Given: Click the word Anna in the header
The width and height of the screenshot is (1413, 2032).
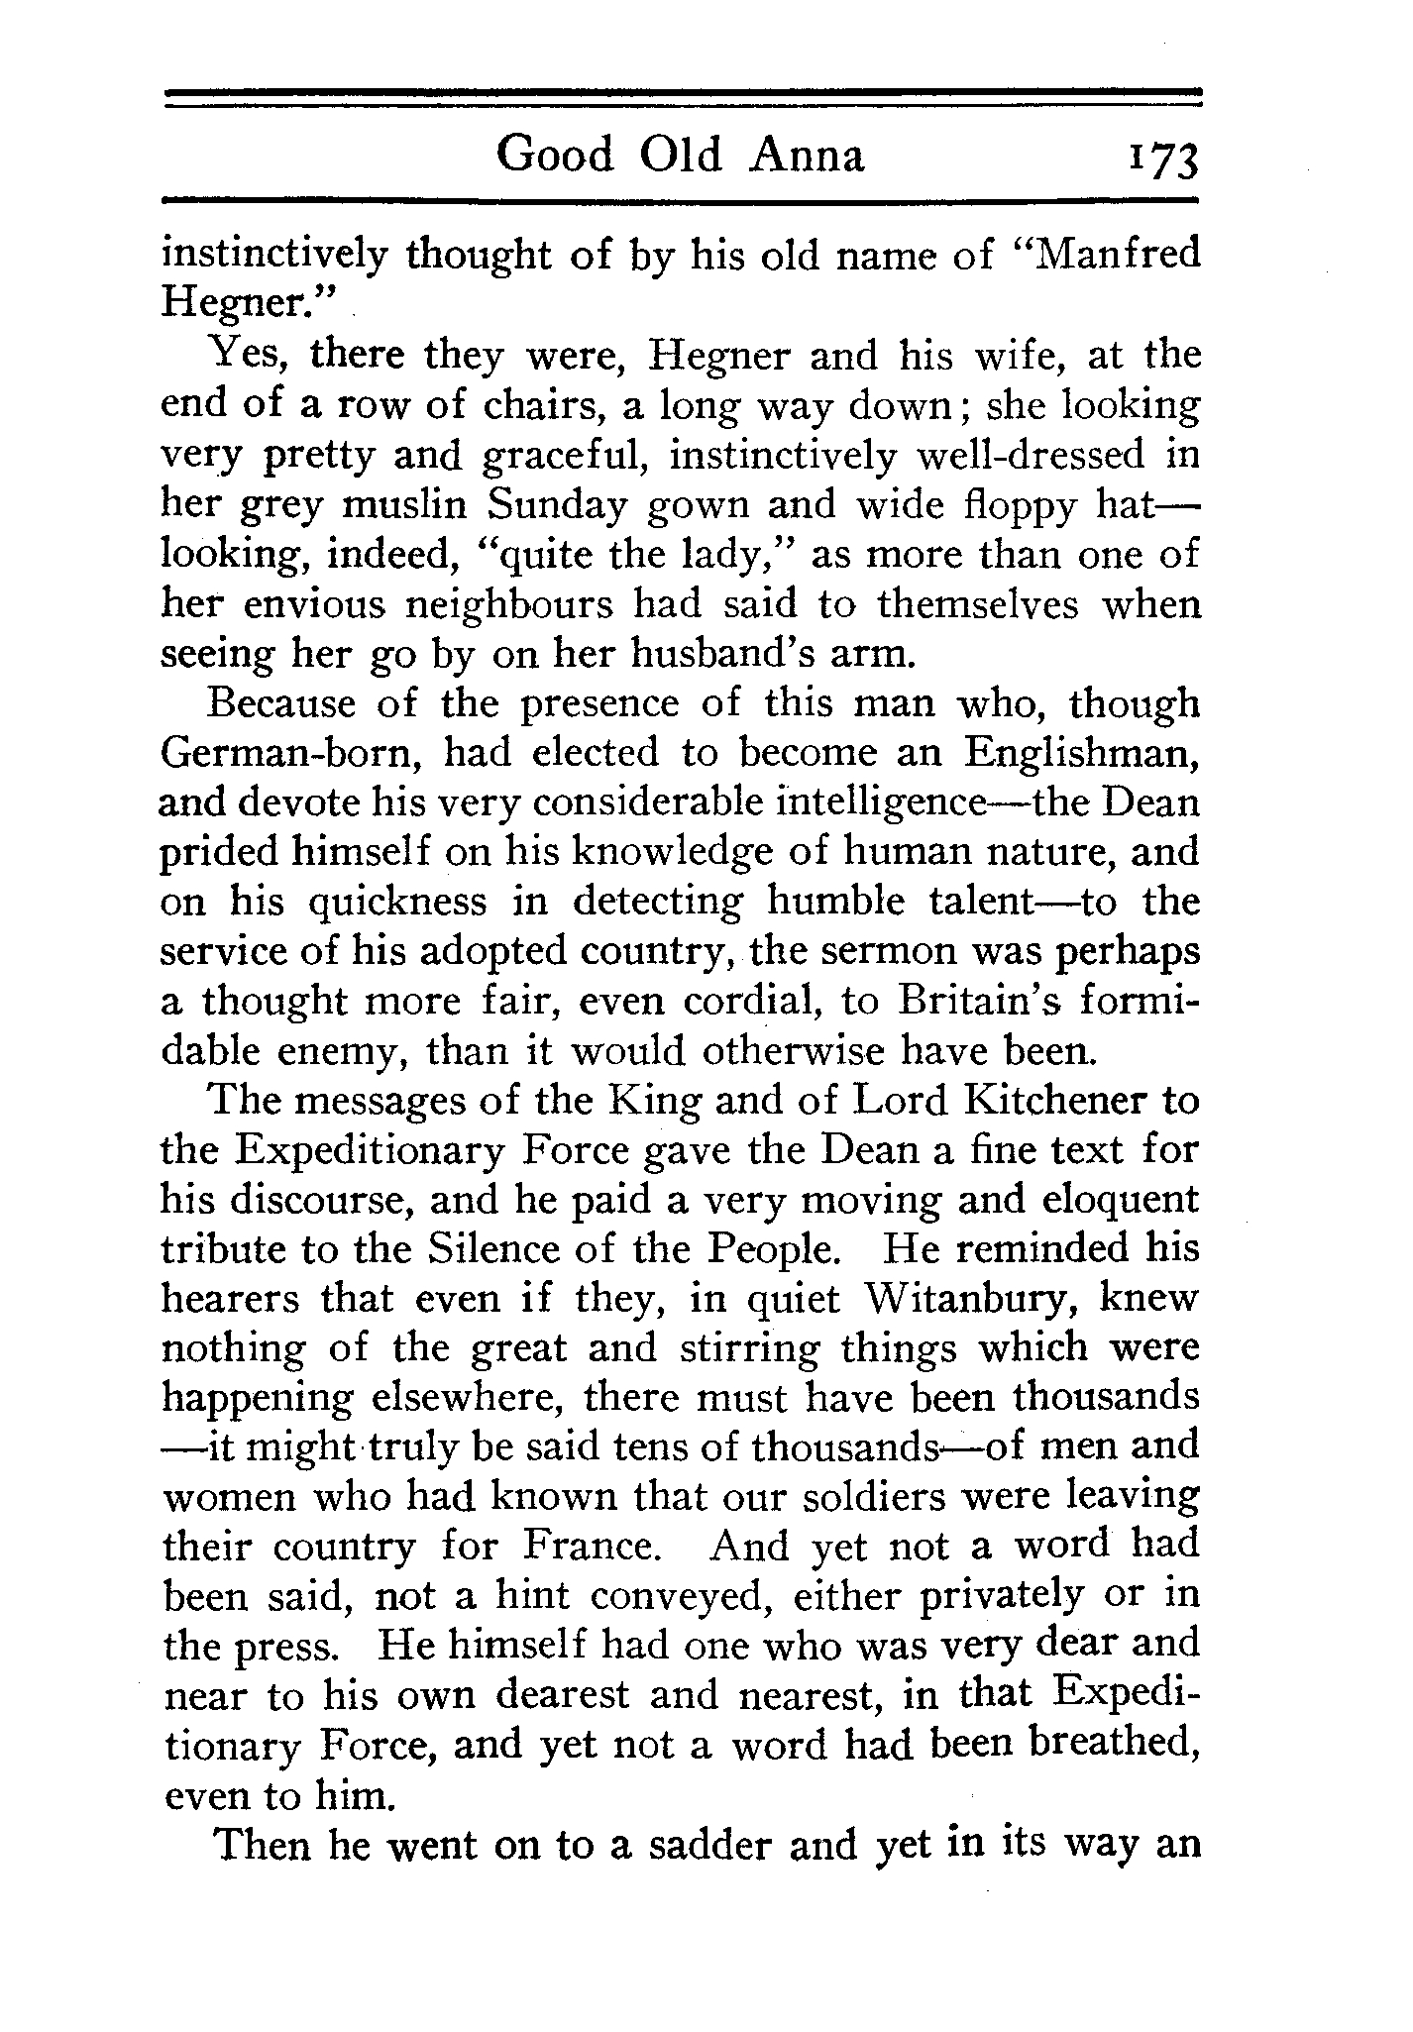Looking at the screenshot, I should [808, 155].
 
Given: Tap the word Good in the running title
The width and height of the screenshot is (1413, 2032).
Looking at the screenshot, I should [555, 155].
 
